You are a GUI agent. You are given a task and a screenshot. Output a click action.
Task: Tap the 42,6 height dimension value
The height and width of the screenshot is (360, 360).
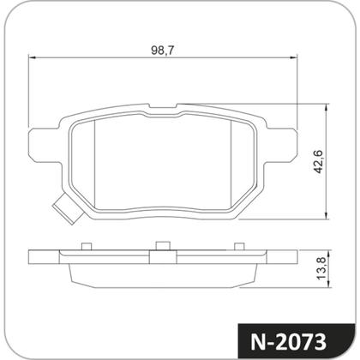pyautogui.click(x=317, y=161)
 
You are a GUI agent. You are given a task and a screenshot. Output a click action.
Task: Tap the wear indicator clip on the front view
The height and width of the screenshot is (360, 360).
pyautogui.click(x=63, y=207)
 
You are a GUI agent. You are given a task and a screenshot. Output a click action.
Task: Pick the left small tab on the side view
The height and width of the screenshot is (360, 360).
pyautogui.click(x=85, y=248)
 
